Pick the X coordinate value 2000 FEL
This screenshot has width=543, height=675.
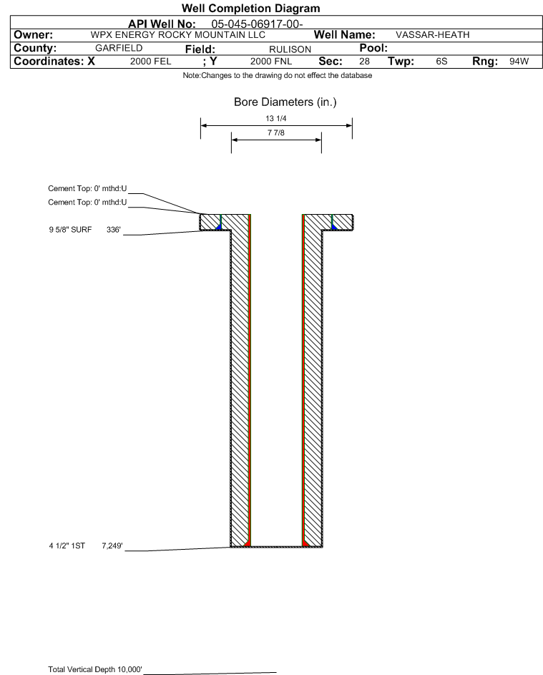pos(150,62)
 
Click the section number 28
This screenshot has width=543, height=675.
pos(364,62)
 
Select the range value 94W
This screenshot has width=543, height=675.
pos(518,62)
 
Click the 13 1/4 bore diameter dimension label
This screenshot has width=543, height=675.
pos(276,119)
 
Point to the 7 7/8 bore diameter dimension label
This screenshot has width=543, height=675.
pos(276,133)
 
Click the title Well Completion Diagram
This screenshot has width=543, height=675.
pos(253,9)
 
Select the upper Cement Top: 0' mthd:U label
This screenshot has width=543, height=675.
pos(87,189)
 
